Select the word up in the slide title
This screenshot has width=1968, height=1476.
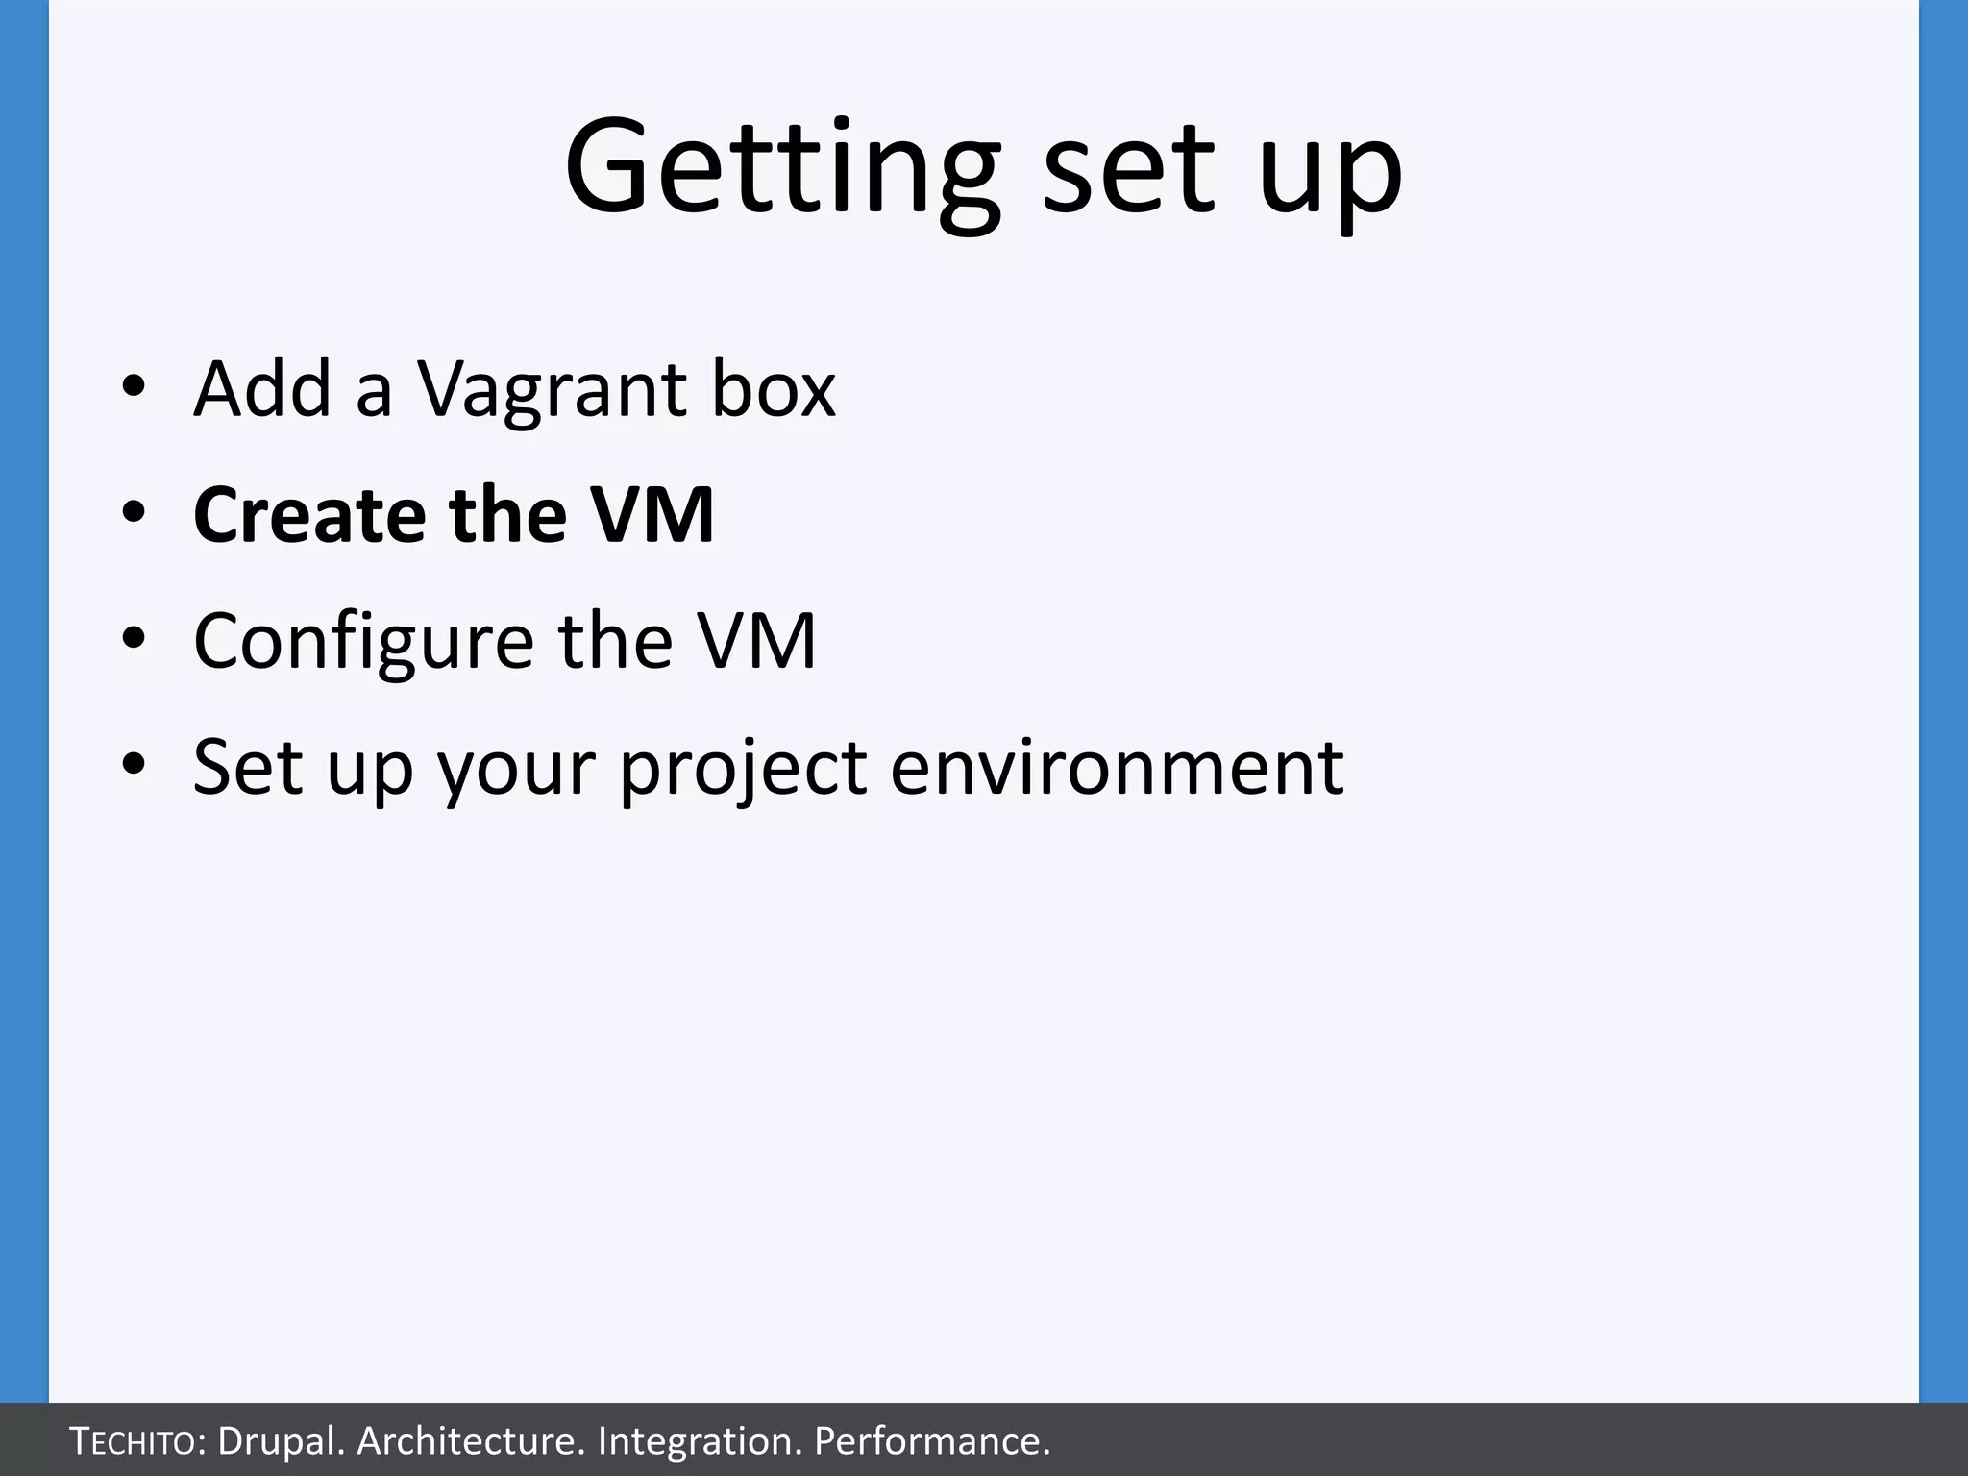1330,178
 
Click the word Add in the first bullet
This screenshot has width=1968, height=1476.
262,389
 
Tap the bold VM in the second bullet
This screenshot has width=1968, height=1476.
652,515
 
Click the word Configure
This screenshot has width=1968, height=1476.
363,642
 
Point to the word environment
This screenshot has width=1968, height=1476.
1117,769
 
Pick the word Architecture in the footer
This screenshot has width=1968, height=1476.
470,1441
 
